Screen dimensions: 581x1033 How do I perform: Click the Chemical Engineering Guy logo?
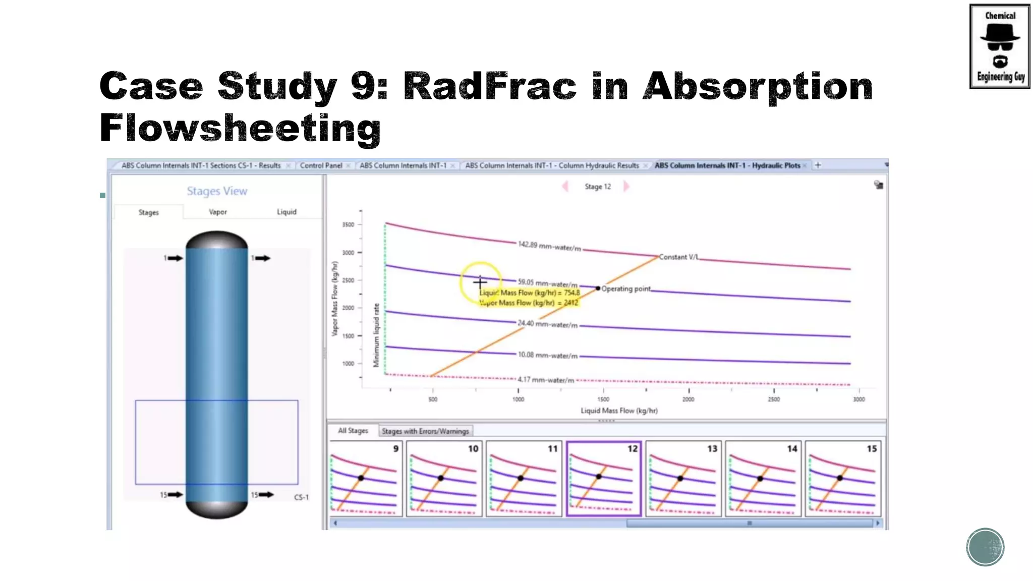(999, 46)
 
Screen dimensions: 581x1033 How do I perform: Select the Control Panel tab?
(321, 165)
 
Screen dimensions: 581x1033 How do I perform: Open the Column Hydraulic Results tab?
(552, 165)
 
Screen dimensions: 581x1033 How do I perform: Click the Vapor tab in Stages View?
(218, 212)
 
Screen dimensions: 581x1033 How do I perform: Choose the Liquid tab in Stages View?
(286, 212)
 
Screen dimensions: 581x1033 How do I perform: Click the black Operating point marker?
(598, 288)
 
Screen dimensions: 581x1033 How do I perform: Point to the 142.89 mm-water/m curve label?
(549, 246)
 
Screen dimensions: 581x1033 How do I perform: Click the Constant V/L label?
(679, 257)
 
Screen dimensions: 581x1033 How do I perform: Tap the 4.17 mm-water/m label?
(546, 380)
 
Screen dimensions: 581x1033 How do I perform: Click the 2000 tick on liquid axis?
(688, 399)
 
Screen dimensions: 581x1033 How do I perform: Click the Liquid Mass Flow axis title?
(619, 411)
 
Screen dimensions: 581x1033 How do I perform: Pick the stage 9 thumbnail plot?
(366, 479)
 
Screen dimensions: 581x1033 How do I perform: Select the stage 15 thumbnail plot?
(843, 479)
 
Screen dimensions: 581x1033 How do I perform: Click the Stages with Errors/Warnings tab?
(425, 431)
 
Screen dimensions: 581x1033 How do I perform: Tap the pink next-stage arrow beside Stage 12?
(626, 187)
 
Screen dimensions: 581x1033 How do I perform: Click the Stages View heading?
(217, 191)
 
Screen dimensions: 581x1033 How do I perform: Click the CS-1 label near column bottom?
(301, 497)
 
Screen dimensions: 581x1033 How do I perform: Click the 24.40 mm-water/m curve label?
(547, 324)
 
